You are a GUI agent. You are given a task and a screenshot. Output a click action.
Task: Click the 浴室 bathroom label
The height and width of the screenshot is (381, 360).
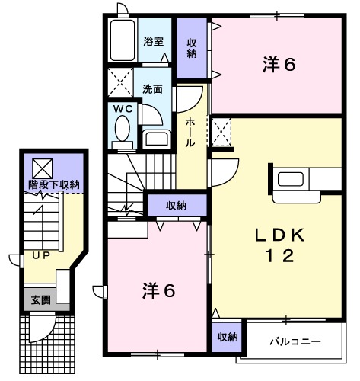click(x=154, y=42)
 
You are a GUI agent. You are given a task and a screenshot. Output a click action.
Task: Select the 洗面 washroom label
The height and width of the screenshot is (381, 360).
click(x=153, y=88)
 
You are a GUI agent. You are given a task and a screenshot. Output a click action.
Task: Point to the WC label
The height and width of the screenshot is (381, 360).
click(x=123, y=109)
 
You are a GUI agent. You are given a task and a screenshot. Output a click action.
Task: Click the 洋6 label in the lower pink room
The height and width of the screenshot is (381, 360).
click(x=158, y=290)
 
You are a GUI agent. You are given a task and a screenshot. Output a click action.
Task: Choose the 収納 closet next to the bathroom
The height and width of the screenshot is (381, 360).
click(x=193, y=48)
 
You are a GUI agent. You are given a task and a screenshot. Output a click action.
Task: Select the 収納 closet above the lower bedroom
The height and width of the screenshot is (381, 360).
click(x=176, y=204)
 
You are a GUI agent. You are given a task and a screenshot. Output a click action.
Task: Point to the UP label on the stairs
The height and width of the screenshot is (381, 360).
click(x=40, y=256)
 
